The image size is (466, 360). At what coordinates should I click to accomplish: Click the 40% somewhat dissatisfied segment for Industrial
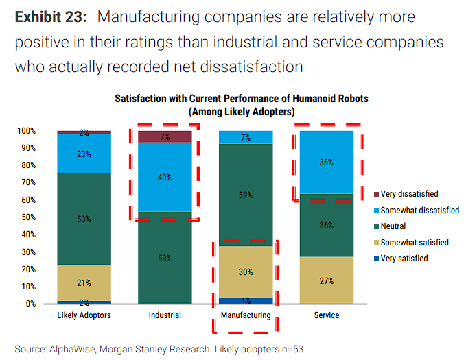coord(165,177)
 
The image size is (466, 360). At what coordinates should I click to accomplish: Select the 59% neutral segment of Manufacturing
coord(245,195)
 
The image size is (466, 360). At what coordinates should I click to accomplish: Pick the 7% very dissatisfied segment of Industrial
coord(165,136)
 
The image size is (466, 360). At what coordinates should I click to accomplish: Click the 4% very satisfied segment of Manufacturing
coord(245,300)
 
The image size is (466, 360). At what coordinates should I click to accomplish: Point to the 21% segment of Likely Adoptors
coord(84,283)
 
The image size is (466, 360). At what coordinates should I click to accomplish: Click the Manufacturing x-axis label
coord(245,315)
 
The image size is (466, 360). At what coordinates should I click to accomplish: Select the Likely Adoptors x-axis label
coord(84,315)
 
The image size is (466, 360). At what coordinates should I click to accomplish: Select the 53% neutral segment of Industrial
coord(165,258)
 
